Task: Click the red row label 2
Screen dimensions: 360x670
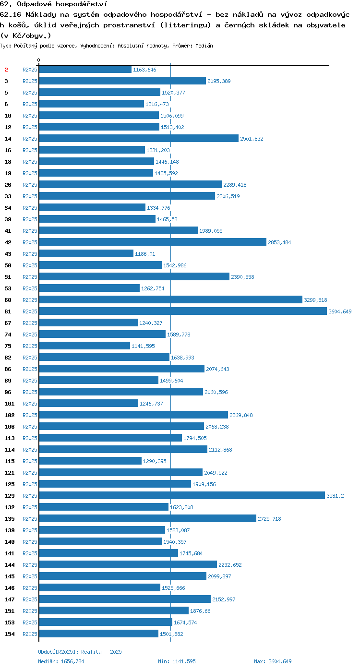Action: [6, 70]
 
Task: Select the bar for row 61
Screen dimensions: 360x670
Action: [183, 311]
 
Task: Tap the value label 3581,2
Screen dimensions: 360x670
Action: [335, 496]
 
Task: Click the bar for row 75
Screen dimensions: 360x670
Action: [84, 346]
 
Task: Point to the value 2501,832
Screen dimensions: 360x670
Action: [252, 139]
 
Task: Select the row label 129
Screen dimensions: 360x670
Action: [10, 496]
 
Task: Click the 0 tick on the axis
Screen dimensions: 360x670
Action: [38, 60]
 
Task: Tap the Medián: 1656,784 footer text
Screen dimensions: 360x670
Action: [61, 661]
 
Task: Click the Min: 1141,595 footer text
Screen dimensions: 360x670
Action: [177, 661]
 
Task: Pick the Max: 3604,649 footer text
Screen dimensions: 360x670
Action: [273, 661]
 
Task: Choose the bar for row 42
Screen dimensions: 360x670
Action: [153, 242]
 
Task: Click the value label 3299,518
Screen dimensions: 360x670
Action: [316, 300]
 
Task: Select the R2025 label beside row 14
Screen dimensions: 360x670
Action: [30, 139]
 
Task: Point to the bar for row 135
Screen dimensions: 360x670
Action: [148, 519]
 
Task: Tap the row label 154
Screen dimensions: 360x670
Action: [10, 634]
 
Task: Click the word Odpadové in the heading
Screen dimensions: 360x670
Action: [34, 4]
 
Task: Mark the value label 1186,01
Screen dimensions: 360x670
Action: [145, 254]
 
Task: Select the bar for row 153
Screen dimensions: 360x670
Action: [106, 622]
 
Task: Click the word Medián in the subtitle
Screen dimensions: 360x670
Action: [204, 46]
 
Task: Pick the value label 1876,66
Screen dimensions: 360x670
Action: [200, 611]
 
